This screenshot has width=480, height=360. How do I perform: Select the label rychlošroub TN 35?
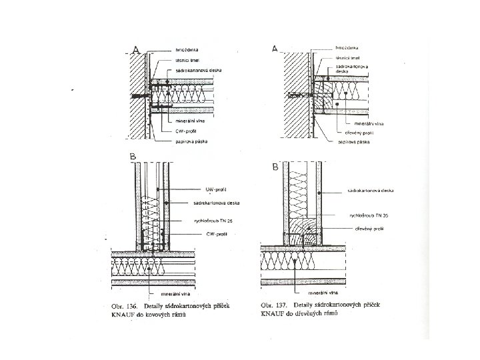pos(368,215)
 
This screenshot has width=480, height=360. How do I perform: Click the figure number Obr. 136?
pos(122,305)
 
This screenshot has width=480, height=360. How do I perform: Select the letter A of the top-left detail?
pos(136,51)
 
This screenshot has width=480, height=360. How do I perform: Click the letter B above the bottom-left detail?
pos(134,157)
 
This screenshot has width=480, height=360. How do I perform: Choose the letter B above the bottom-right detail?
pos(275,168)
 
